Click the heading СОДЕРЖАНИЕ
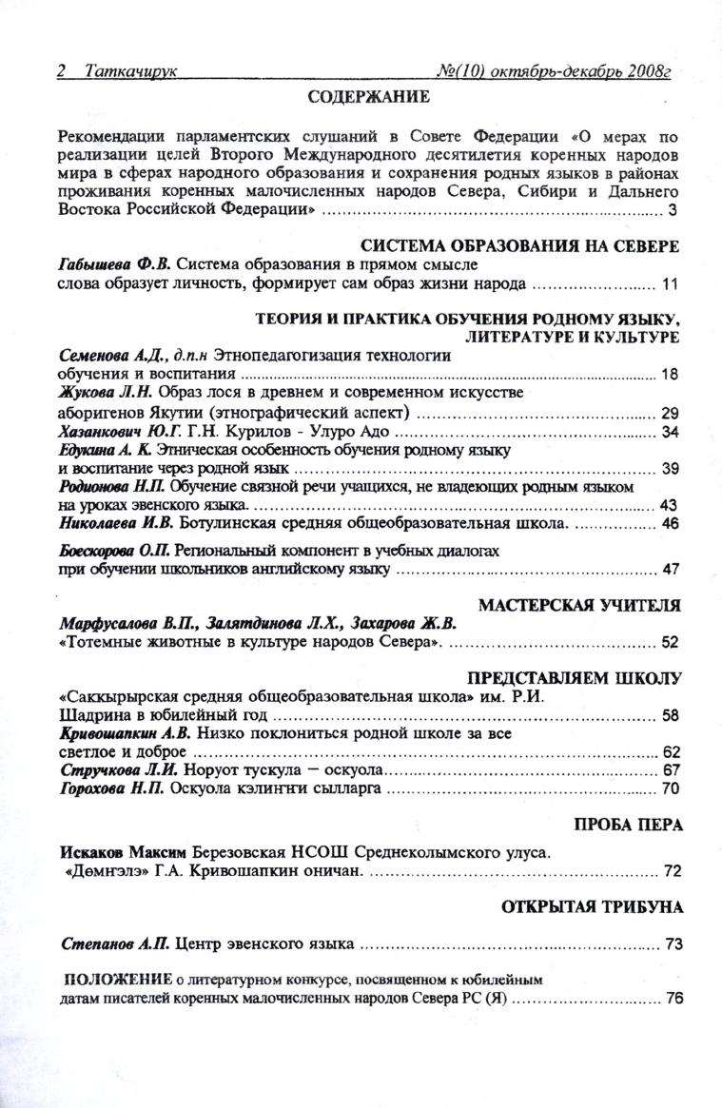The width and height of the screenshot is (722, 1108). click(369, 96)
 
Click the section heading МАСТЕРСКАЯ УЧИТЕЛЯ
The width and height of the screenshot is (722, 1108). click(579, 605)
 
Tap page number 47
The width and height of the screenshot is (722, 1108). click(670, 570)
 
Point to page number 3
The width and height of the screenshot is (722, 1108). click(673, 209)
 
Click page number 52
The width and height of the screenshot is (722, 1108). click(670, 643)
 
